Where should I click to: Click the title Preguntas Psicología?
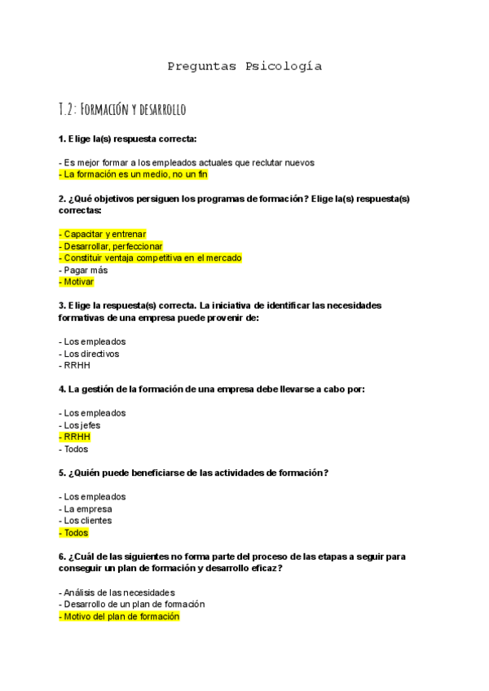coord(244,66)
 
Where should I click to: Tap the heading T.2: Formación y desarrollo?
coord(123,108)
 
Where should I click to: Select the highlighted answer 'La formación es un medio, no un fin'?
coord(134,174)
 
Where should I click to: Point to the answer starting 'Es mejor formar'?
coord(187,162)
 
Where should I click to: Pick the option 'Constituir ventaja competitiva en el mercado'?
coord(151,257)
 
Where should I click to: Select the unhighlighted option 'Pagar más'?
coord(82,270)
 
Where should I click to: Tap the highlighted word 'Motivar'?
coord(77,282)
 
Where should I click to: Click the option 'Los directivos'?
coord(89,354)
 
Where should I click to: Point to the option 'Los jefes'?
coord(81,425)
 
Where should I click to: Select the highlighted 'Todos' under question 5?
coord(74,532)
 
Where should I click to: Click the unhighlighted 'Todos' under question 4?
coord(74,449)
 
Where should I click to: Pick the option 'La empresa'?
coord(86,508)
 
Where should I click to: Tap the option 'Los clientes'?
coord(86,520)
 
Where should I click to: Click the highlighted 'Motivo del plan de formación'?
coord(119,617)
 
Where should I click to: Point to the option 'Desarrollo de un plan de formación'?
coord(132,604)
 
